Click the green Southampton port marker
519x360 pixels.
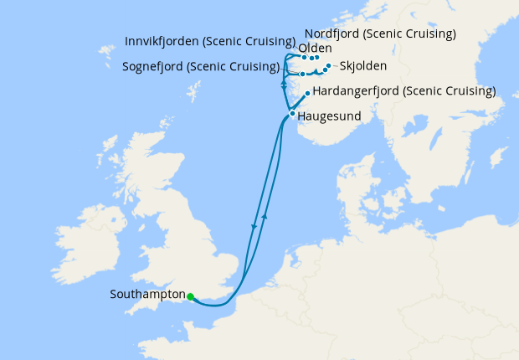pyautogui.click(x=191, y=296)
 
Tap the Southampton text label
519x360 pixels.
pyautogui.click(x=147, y=295)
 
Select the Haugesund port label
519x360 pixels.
pyautogui.click(x=329, y=117)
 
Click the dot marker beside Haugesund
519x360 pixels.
pyautogui.click(x=291, y=113)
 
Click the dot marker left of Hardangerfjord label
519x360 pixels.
pyautogui.click(x=308, y=93)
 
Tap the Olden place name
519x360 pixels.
pyautogui.click(x=315, y=49)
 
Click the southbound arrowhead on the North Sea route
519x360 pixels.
pyautogui.click(x=254, y=227)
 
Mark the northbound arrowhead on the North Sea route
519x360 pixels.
pyautogui.click(x=265, y=215)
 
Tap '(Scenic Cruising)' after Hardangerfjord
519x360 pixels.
pyautogui.click(x=450, y=90)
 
